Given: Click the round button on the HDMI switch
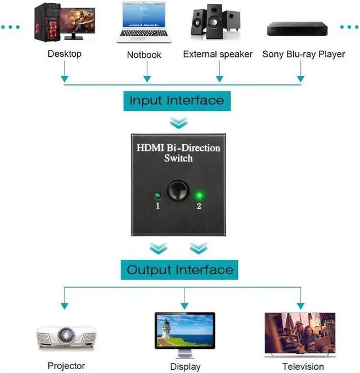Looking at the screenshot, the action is click(x=178, y=191).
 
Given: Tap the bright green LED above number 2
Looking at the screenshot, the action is click(x=199, y=196).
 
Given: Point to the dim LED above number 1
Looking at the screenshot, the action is click(x=157, y=196).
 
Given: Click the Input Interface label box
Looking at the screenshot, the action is click(x=177, y=101).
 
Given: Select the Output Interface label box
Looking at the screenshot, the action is click(x=179, y=269).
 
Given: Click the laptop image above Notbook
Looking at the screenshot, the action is click(x=144, y=23).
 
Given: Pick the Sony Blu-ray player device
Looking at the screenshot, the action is click(x=297, y=29).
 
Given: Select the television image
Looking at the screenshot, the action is click(x=300, y=335).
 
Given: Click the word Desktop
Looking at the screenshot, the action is click(x=65, y=54).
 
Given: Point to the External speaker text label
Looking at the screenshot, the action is click(x=218, y=54).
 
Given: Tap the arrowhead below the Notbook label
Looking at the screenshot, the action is click(x=147, y=79).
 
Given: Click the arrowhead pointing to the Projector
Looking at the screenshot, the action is click(x=65, y=306).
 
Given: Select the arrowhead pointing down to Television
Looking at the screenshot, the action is click(x=300, y=306).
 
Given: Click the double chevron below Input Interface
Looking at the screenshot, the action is click(x=179, y=123).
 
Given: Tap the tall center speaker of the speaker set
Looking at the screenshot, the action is click(x=215, y=21).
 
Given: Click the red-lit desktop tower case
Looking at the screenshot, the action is click(x=47, y=23).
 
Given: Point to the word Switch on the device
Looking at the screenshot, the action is click(x=178, y=158).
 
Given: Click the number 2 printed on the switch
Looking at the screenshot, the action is click(x=199, y=206).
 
